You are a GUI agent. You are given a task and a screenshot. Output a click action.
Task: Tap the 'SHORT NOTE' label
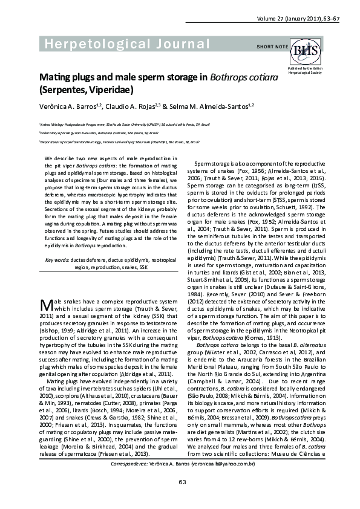point(272,47)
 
